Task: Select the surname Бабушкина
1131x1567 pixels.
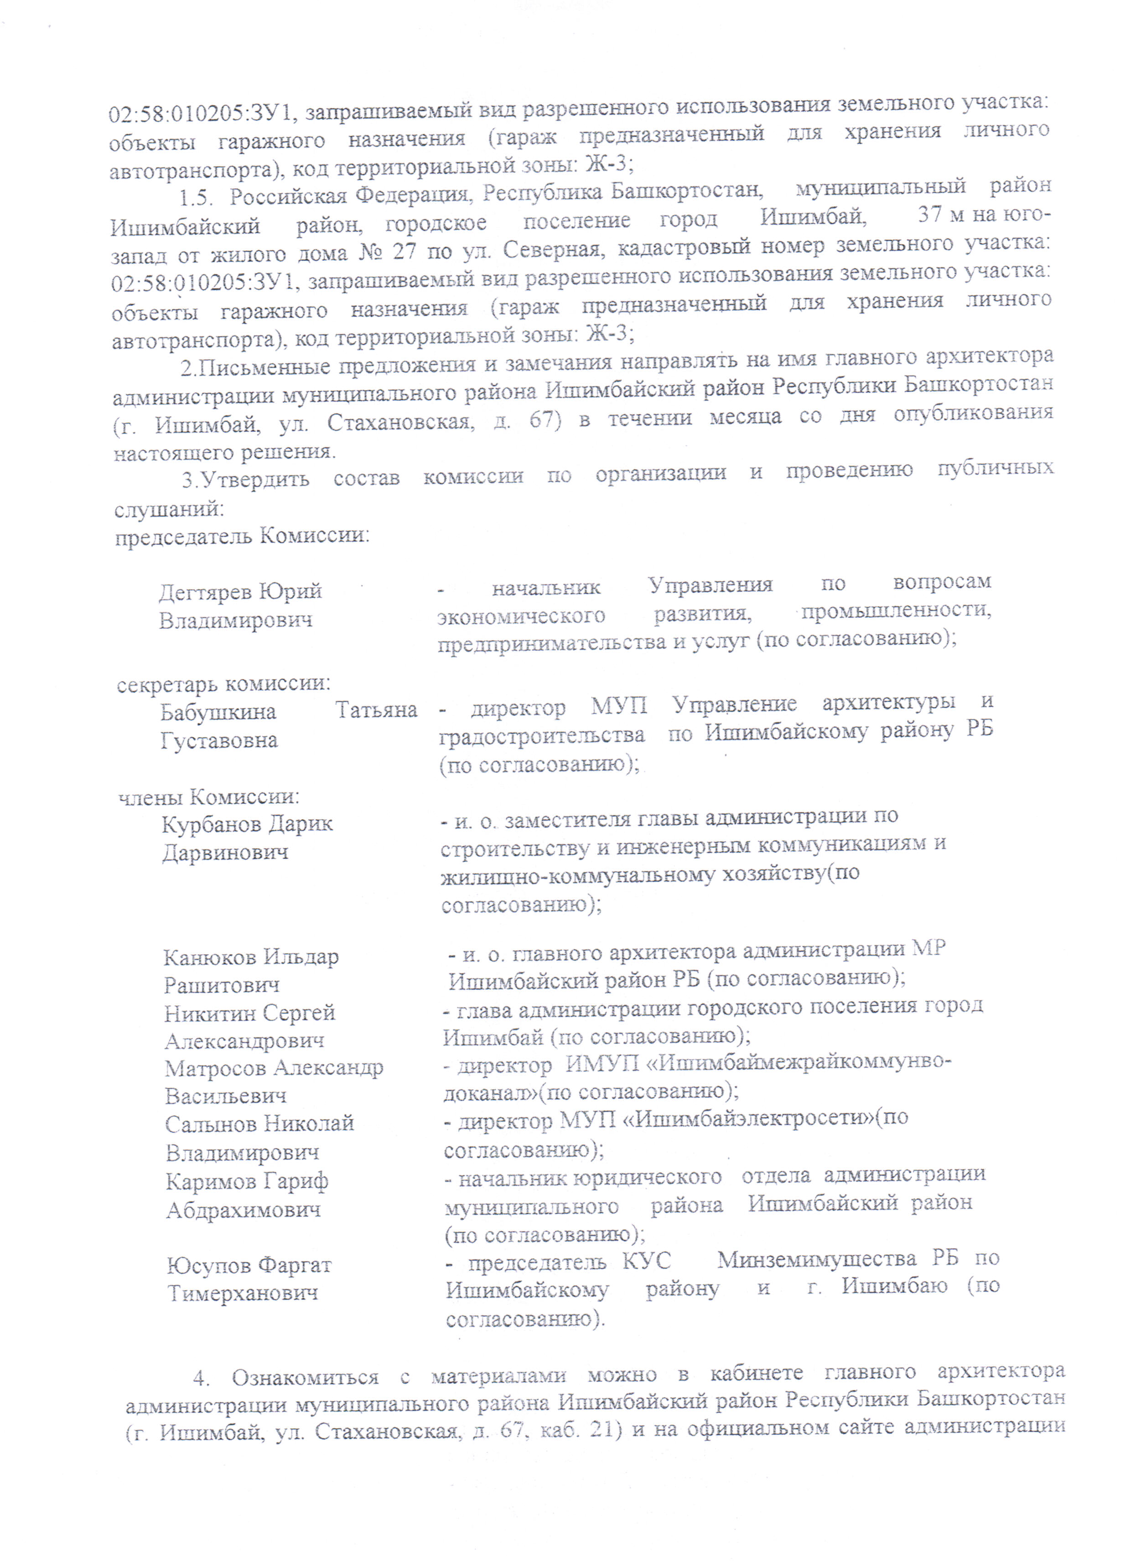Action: (x=218, y=712)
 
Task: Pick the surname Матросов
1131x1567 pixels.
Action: (x=214, y=1069)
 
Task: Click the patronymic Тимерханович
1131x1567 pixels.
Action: (x=243, y=1293)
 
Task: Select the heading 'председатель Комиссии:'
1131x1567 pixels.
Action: (x=241, y=535)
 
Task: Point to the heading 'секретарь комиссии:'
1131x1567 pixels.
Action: (x=223, y=684)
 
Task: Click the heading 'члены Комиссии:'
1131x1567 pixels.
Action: (x=209, y=796)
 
